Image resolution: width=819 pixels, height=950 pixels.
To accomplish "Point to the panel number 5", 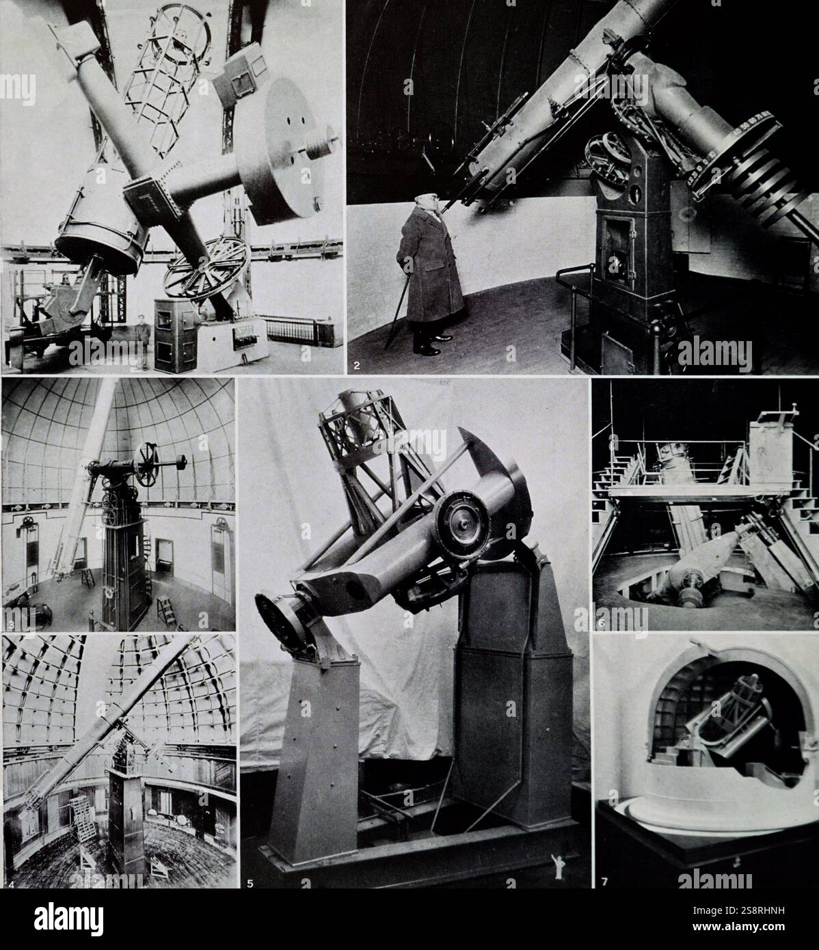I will tap(250, 882).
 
